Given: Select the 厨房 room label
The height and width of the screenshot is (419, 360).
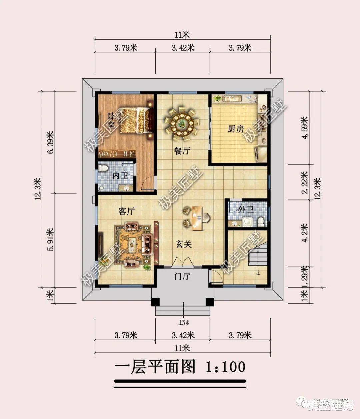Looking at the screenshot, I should [x=236, y=129].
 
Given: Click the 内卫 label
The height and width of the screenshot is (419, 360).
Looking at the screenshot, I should [x=120, y=175].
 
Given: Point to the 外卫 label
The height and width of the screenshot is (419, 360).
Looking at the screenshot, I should [x=246, y=210].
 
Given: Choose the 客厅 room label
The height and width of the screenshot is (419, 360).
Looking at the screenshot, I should [x=127, y=211].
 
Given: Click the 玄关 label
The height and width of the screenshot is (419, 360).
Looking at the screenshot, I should [x=184, y=245].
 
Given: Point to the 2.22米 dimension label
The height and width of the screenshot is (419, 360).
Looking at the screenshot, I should [x=304, y=182].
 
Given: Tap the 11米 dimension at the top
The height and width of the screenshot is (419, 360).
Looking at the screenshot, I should [x=182, y=35].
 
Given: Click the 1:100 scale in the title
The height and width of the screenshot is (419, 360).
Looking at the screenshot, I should [x=225, y=367].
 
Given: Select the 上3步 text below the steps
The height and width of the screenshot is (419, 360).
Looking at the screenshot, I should [x=184, y=322].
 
